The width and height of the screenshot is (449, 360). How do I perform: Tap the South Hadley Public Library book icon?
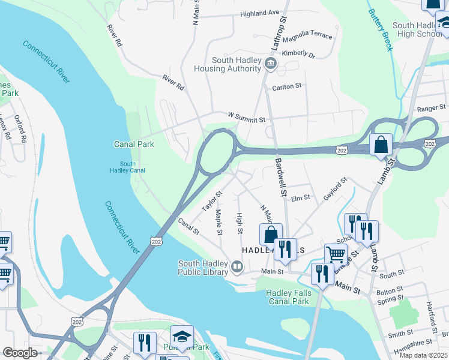[237, 266]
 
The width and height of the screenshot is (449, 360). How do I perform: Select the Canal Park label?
[134, 144]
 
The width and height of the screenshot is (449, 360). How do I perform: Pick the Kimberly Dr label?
[298, 55]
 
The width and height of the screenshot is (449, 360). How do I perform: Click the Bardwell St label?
[279, 178]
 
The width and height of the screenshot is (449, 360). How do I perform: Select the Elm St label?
[300, 197]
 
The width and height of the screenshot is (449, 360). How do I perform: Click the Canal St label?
[188, 227]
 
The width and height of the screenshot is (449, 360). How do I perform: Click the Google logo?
[20, 353]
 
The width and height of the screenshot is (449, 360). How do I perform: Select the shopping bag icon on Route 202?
[381, 145]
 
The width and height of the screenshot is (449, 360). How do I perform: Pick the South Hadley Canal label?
[127, 167]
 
